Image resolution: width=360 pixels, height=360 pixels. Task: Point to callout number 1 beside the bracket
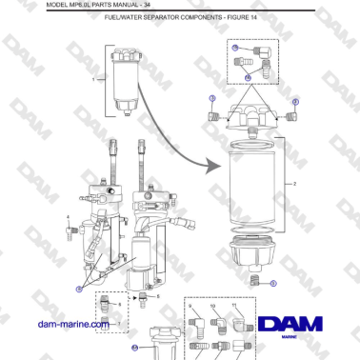93,82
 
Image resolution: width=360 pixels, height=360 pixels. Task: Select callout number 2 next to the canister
295,182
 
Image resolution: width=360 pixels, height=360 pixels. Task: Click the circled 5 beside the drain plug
274,284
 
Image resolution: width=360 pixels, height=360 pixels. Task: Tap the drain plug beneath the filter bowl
254,281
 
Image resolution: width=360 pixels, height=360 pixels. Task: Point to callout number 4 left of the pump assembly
69,217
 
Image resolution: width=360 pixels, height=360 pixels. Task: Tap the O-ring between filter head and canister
253,138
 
